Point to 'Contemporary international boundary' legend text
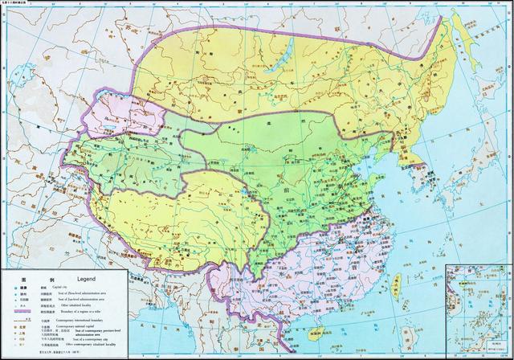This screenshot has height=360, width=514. pos(88,322)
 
